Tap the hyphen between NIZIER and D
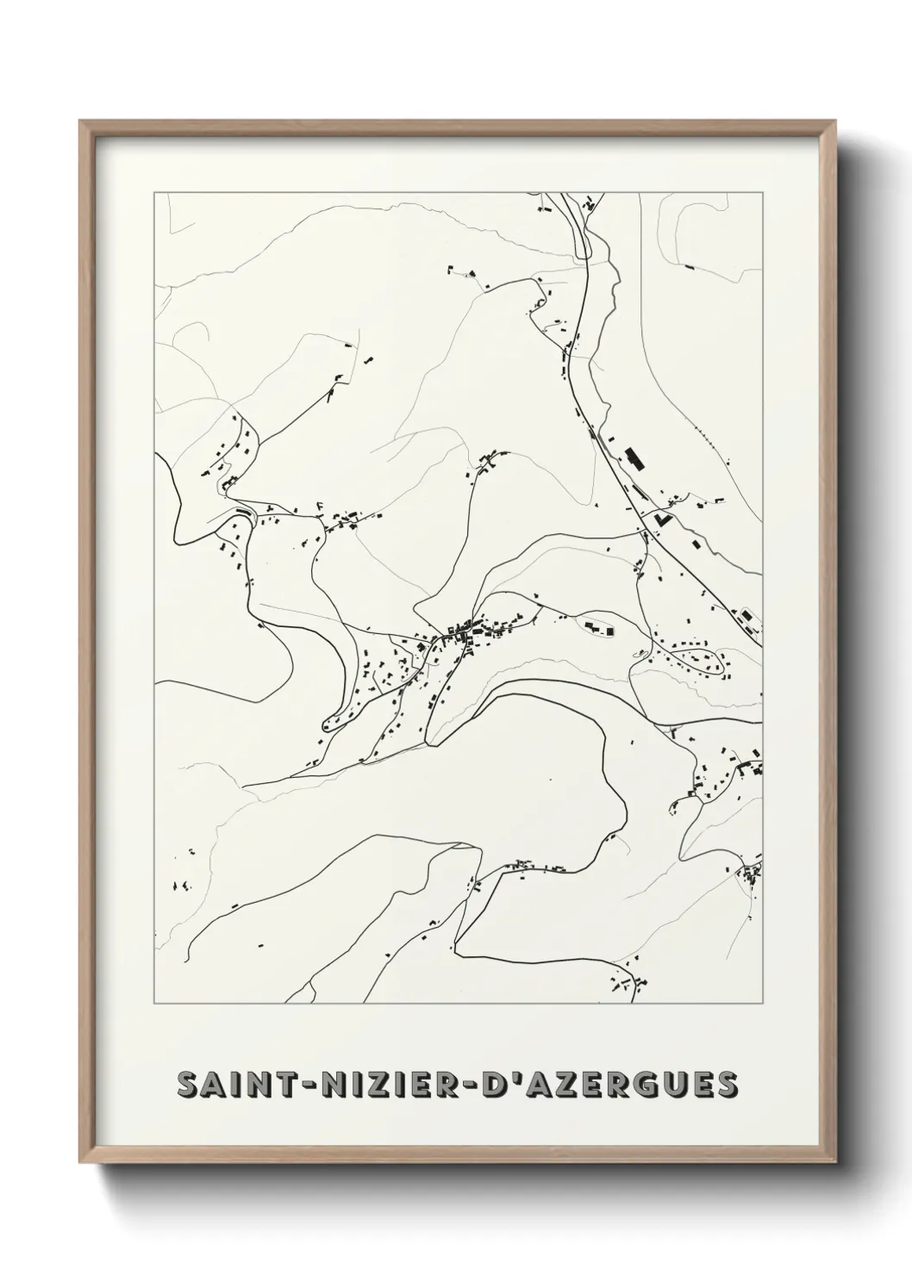point(461,1085)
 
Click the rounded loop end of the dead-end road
point(328,722)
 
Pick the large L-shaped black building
point(662,519)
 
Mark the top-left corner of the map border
point(154,193)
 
